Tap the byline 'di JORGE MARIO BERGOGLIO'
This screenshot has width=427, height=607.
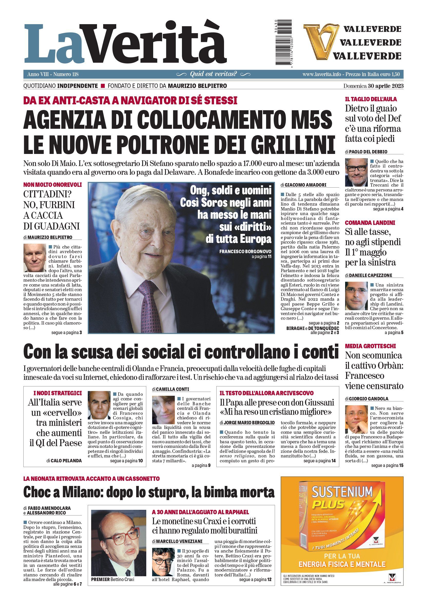(247, 423)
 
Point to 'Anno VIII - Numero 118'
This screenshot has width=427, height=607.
(53, 74)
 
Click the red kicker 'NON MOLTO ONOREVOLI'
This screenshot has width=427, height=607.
(53, 185)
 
